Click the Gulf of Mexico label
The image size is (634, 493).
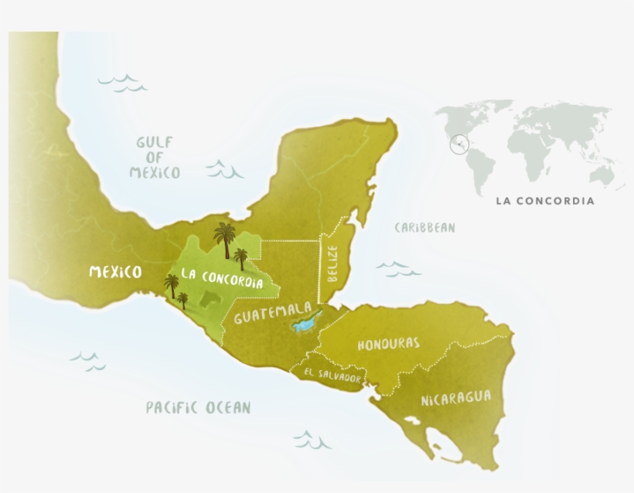(x=155, y=158)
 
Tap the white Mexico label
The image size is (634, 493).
(x=115, y=272)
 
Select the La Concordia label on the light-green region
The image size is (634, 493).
(x=221, y=277)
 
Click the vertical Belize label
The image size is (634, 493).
(x=332, y=263)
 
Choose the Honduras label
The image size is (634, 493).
(x=388, y=344)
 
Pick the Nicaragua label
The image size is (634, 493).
(x=456, y=399)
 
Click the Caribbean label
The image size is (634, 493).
(x=424, y=228)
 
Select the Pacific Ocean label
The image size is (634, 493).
(x=199, y=408)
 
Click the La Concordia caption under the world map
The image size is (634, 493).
(x=545, y=201)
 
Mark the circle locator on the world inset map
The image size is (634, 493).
(x=459, y=144)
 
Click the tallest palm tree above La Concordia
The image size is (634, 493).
(x=225, y=239)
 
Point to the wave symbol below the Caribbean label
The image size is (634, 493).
(x=398, y=269)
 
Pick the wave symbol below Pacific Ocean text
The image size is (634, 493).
(x=312, y=440)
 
